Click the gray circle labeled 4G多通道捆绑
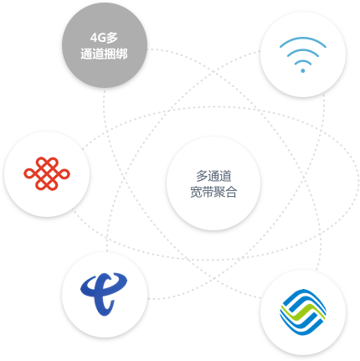(x=105, y=45)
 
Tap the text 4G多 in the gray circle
(x=104, y=38)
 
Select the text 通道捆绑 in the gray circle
(x=104, y=54)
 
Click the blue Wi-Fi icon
(x=303, y=54)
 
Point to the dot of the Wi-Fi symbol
(x=303, y=70)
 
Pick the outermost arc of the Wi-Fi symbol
(x=303, y=39)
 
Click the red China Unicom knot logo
(x=47, y=173)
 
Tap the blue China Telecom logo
(x=104, y=294)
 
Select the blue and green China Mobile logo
(x=303, y=312)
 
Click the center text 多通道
(x=213, y=176)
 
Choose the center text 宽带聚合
(x=213, y=192)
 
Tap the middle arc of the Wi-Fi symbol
(x=303, y=50)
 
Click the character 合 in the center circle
(x=231, y=192)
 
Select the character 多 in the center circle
(x=202, y=176)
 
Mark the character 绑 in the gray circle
(x=122, y=54)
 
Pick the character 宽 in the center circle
(x=196, y=192)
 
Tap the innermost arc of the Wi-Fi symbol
(x=303, y=61)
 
